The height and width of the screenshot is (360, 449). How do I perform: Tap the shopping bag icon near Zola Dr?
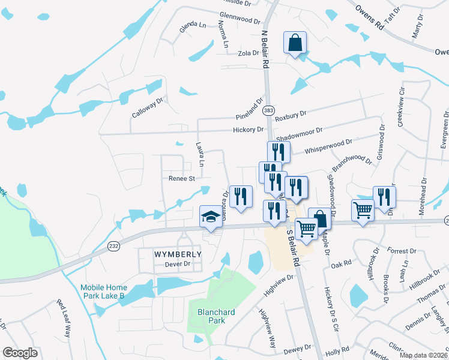(295, 43)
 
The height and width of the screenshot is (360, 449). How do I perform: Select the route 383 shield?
(269, 110)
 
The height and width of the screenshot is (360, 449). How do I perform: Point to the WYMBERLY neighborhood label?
(170, 254)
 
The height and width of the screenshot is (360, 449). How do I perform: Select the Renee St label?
(182, 178)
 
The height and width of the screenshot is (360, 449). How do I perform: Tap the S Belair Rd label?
(292, 247)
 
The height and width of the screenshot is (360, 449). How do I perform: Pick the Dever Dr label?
(178, 264)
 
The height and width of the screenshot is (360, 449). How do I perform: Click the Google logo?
(20, 353)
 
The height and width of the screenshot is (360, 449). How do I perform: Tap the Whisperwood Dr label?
(328, 144)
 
